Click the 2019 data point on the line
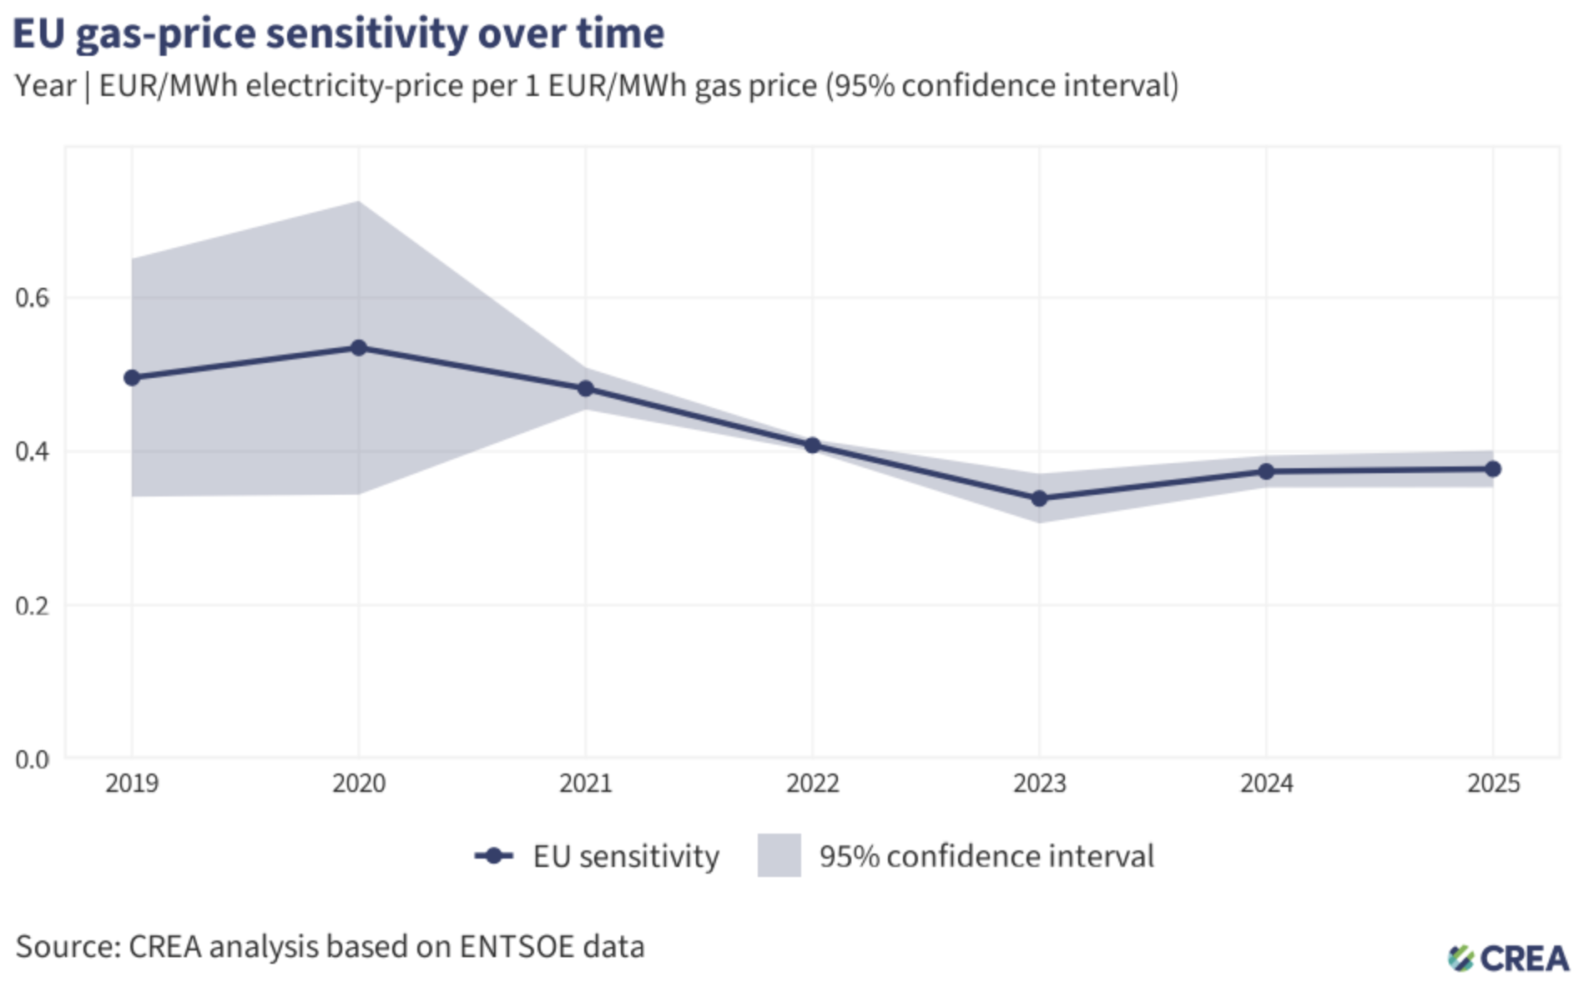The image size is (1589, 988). click(x=132, y=378)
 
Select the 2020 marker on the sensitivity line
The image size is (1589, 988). click(x=359, y=348)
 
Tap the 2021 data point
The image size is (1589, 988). click(x=586, y=389)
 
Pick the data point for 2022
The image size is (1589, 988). click(x=813, y=446)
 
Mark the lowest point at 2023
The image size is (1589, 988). click(x=1040, y=499)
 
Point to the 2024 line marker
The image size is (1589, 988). click(x=1267, y=471)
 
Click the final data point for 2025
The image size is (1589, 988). click(x=1494, y=469)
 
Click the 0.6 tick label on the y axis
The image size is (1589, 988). click(x=33, y=298)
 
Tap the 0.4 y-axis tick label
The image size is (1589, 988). click(x=33, y=452)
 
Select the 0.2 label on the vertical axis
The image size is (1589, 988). click(x=33, y=606)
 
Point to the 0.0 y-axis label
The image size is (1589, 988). click(x=33, y=759)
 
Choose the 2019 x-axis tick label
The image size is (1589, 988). click(x=132, y=784)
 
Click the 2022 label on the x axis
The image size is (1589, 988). click(x=813, y=784)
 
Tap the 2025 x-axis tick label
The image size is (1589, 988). click(x=1494, y=784)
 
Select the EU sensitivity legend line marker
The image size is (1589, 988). click(x=494, y=856)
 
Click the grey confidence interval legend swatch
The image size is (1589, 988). click(x=779, y=856)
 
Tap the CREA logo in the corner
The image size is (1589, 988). click(x=1509, y=959)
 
